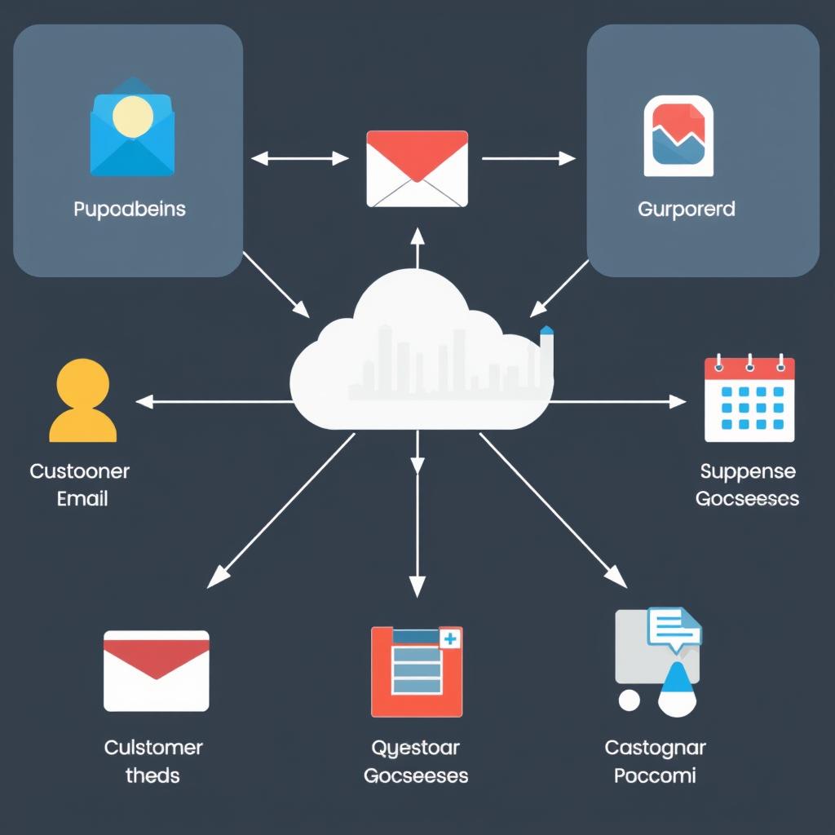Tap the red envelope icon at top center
coord(417,169)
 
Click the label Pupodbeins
coord(130,210)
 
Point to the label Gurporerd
coord(686,210)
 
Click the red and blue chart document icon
coord(678,136)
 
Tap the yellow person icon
coord(82,400)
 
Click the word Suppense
coord(747,471)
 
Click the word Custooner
coord(79,471)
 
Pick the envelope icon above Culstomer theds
coord(156,670)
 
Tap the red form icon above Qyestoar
coord(416,671)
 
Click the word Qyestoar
coord(415,748)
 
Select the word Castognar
coord(655,748)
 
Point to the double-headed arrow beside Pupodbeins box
coord(300,158)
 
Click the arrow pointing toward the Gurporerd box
coord(528,158)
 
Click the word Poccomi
coord(655,775)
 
